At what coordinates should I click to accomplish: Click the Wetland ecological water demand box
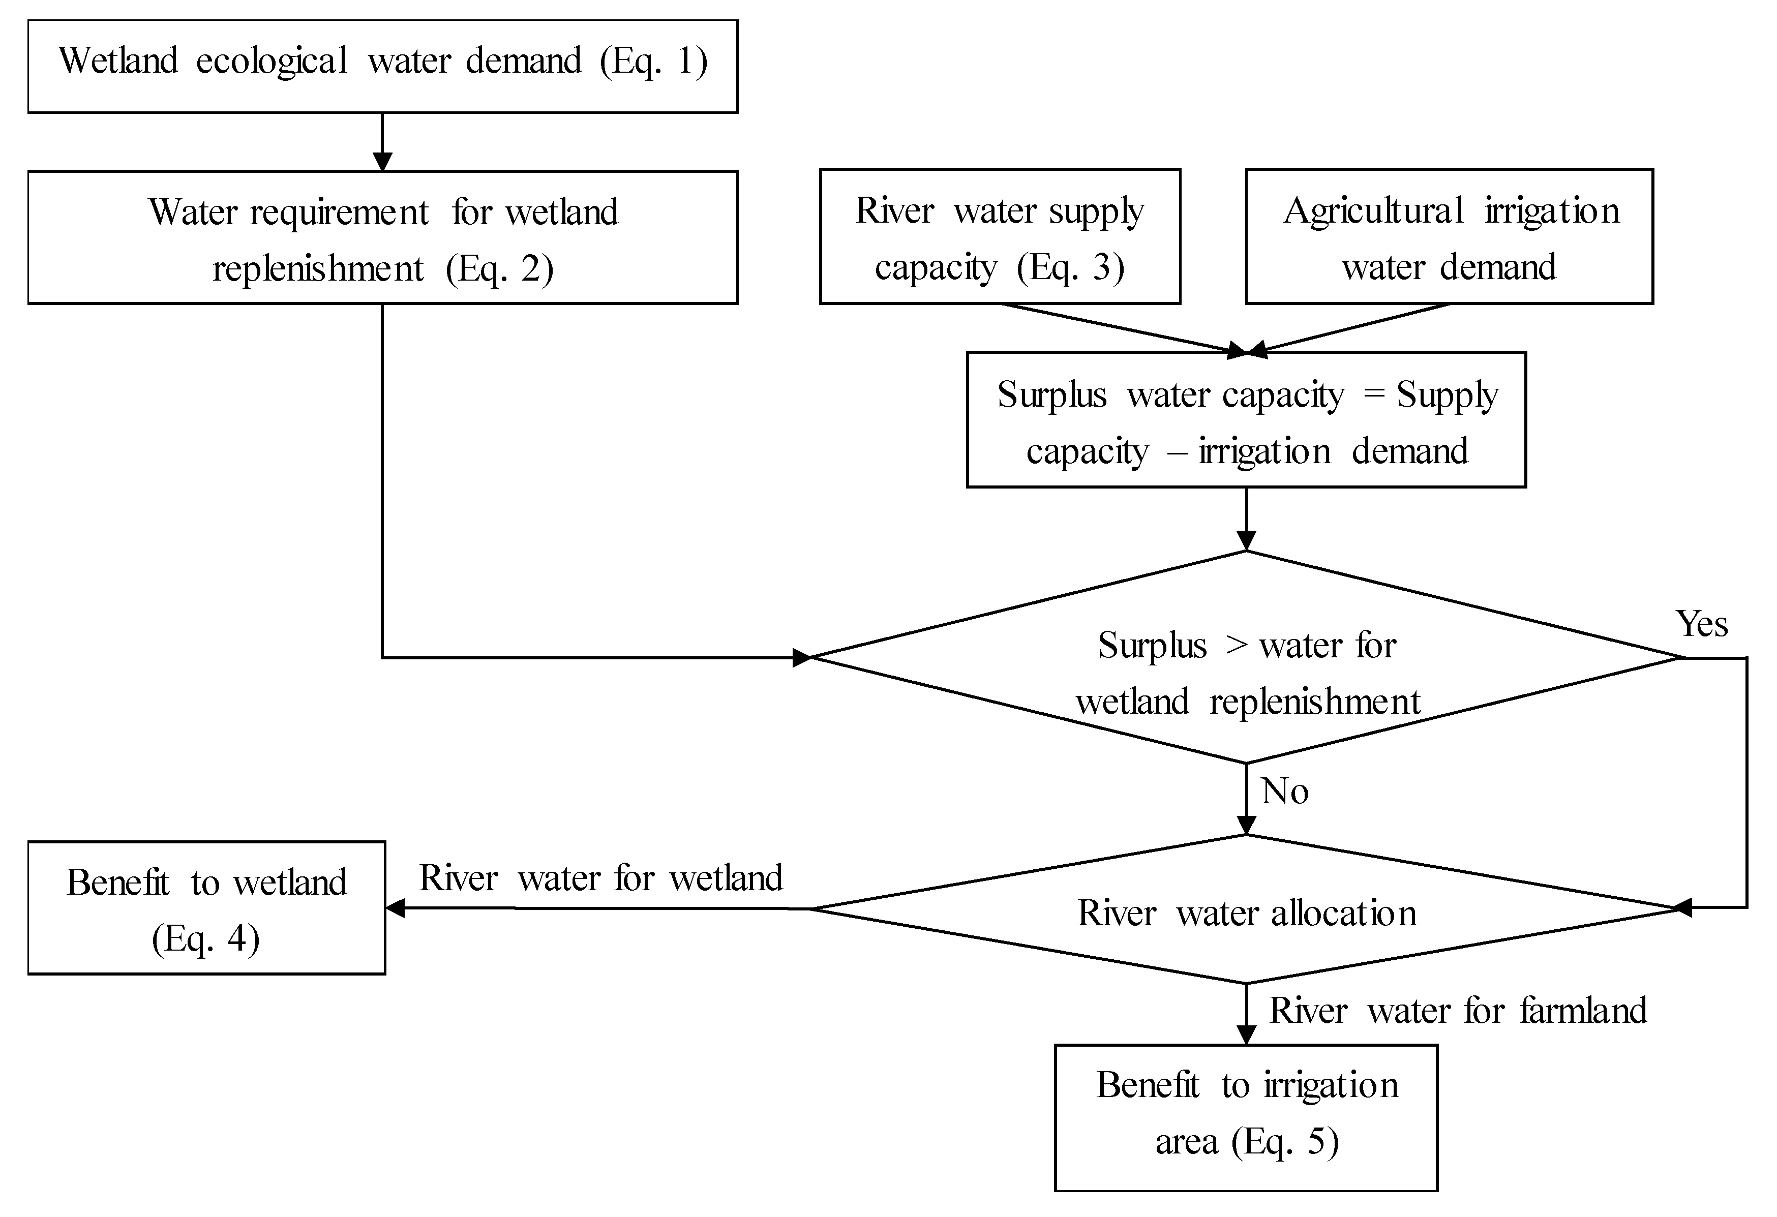382,67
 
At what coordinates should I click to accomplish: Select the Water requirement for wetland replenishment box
382,238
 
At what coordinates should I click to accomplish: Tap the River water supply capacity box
1000,237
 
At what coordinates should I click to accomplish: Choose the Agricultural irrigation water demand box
1449,237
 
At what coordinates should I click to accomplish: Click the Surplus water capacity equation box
1246,420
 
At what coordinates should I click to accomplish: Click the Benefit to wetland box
206,908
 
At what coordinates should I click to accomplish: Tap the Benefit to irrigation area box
1246,1118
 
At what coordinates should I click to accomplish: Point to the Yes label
1701,624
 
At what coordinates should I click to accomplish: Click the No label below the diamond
1285,792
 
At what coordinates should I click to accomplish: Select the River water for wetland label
601,877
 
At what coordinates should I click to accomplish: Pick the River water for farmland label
1457,1011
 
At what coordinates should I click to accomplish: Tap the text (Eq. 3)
1070,267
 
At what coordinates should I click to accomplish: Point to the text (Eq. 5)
1285,1142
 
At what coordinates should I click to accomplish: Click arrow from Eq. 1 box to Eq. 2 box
382,141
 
